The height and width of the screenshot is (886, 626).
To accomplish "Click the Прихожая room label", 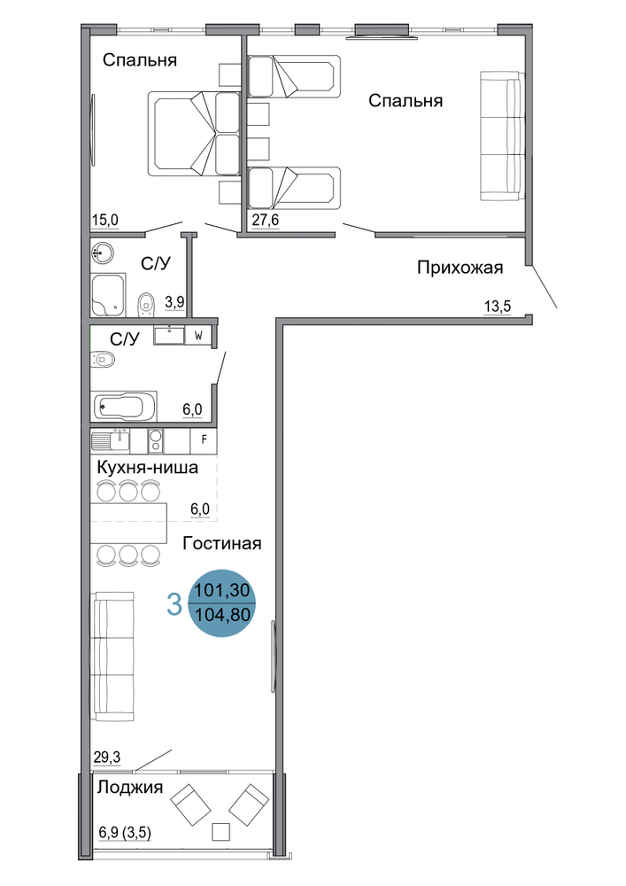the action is pos(460,268).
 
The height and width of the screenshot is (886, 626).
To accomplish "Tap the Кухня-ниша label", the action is pos(147,468).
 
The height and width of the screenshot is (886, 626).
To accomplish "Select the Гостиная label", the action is pos(222,544).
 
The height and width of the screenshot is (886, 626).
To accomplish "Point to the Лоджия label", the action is pos(130,787).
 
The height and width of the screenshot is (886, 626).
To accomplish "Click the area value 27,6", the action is pos(266,220).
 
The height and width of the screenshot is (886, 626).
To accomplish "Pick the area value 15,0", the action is pos(105,220).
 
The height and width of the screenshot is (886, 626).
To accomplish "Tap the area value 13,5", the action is pos(498,307).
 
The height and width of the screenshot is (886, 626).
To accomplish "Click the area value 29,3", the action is pos(107,757).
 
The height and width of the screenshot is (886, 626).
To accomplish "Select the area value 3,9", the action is pos(174,302).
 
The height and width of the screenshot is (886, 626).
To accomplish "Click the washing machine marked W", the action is pos(198,335).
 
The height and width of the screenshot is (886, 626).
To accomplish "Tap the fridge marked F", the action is pos(204,440).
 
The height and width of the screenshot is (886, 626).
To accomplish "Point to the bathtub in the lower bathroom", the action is pos(125,407).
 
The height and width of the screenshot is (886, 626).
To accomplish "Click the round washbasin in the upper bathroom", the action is pos(102,252).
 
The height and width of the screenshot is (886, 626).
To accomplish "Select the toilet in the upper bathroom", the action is pos(145,305).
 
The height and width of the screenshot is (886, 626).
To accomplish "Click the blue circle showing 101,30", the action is pos(222,602).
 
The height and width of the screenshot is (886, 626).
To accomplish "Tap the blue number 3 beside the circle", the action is pos(175,603).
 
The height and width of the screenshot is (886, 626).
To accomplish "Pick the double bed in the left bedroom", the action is pos(194,134).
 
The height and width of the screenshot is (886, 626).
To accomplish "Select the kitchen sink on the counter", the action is pos(111,440).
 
